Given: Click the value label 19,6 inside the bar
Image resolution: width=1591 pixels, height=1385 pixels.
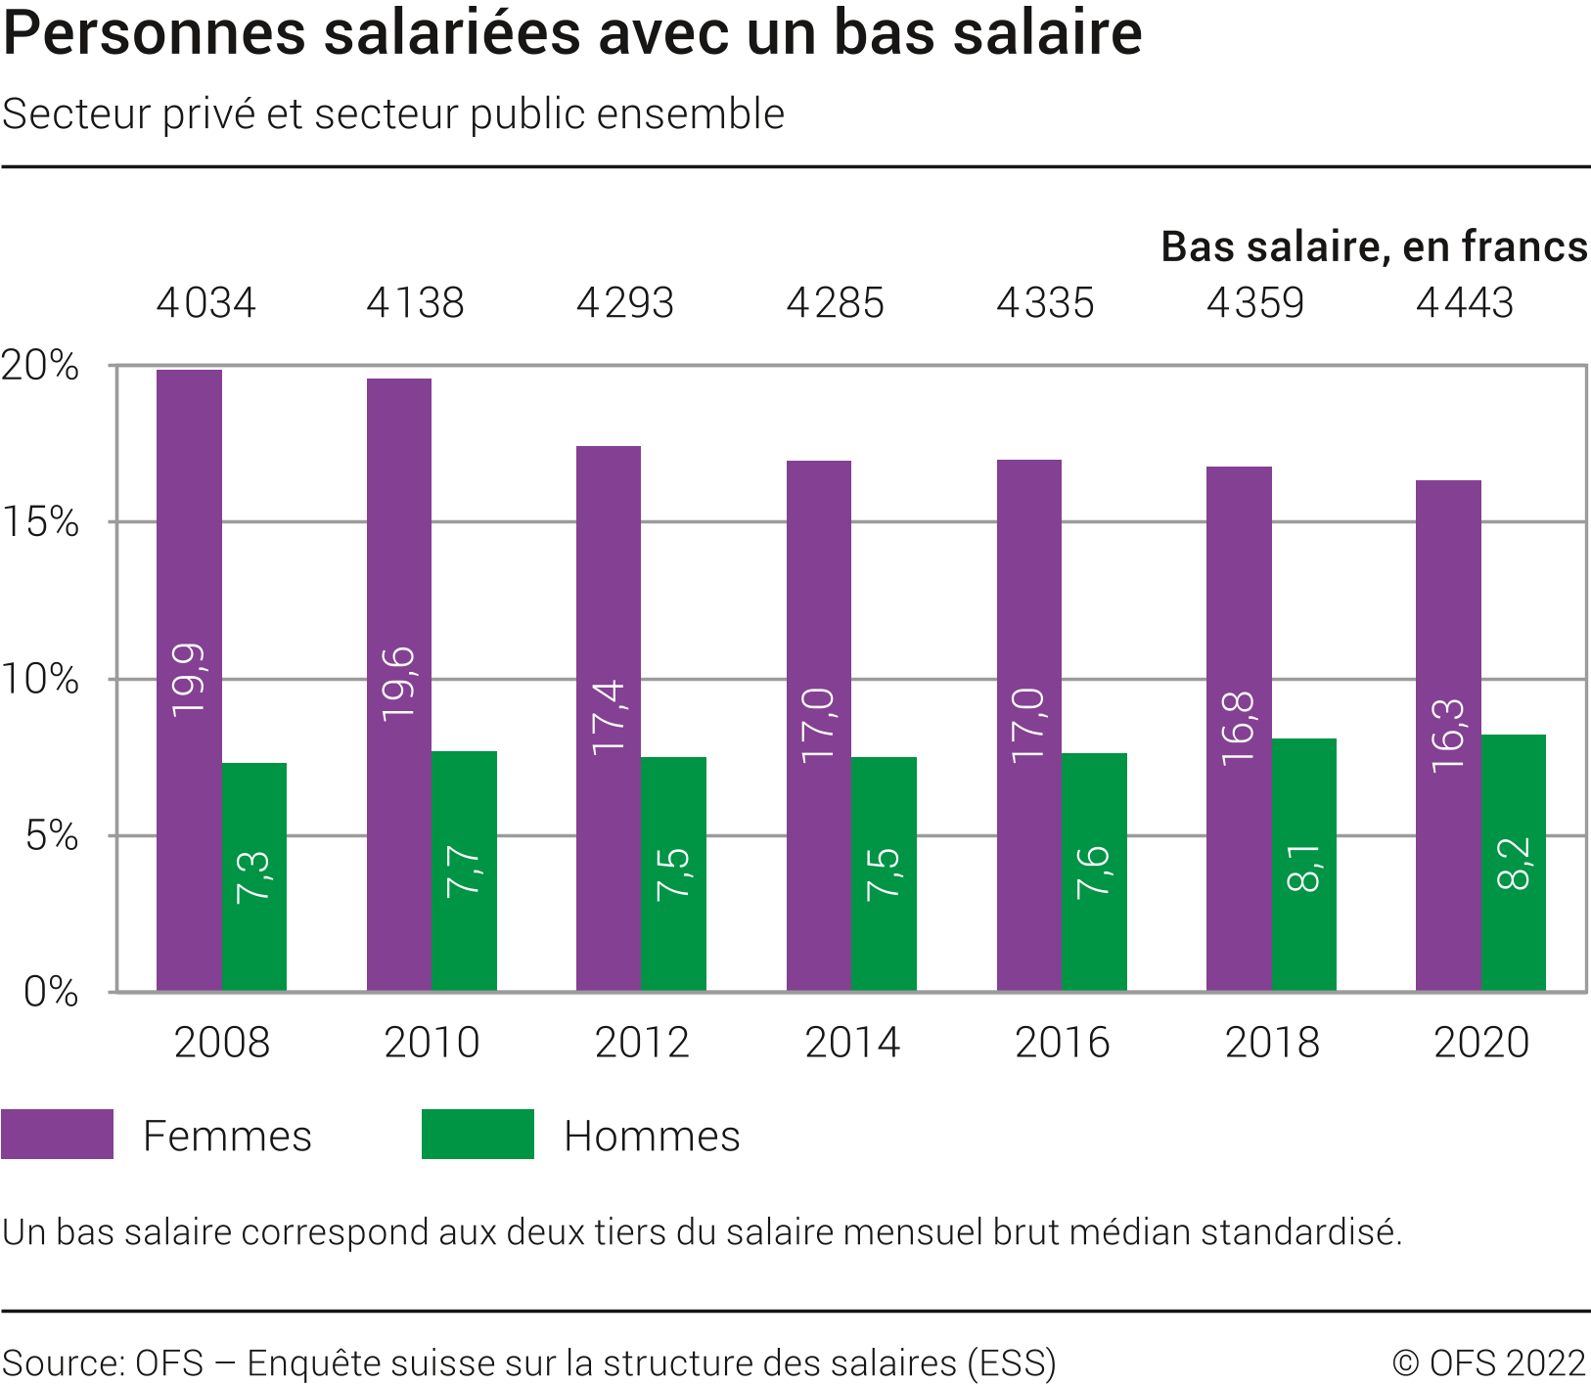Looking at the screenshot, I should click(x=399, y=684).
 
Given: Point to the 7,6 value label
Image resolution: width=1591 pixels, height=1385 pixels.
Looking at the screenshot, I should click(x=1094, y=871).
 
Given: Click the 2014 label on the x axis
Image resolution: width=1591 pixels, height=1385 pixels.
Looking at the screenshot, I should click(x=852, y=1043).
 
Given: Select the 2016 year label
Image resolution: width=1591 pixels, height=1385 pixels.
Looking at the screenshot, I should click(x=1063, y=1043).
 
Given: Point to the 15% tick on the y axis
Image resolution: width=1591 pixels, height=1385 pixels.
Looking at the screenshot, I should click(x=40, y=522).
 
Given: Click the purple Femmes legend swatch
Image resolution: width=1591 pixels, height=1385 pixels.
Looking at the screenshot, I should click(x=57, y=1135).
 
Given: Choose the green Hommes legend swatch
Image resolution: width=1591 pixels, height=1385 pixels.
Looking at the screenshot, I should click(x=477, y=1135).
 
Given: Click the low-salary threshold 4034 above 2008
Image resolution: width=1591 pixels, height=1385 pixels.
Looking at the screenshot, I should click(x=206, y=303).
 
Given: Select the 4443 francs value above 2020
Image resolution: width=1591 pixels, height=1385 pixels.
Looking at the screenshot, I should click(x=1465, y=303).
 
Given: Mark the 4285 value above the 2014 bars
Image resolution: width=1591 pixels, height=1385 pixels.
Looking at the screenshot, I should click(x=836, y=303).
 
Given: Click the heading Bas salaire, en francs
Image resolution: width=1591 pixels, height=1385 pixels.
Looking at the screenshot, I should click(x=1374, y=246).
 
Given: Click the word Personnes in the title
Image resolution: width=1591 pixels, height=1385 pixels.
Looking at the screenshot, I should click(x=155, y=33).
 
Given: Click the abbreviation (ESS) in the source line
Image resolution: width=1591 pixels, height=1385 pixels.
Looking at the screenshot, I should click(x=1012, y=1363).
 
